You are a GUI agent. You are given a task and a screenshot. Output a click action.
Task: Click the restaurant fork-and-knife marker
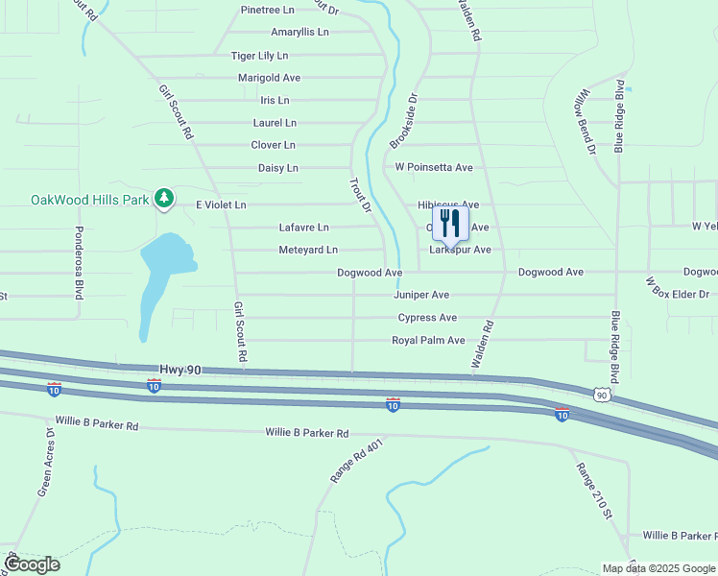point(449,224)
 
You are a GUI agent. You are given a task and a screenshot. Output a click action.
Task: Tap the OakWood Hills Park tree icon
point(164,198)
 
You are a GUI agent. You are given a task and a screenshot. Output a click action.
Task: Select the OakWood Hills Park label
point(90,200)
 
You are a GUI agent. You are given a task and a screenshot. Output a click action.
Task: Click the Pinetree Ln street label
point(268,10)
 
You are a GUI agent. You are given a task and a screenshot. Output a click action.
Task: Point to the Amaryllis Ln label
point(299,32)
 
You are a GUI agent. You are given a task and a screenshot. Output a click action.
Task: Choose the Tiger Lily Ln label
point(259,56)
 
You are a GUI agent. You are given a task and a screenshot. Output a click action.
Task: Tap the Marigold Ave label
point(269,78)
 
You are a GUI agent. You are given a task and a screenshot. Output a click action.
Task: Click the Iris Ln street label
point(275,100)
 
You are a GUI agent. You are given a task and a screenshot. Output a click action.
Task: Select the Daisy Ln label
point(278,168)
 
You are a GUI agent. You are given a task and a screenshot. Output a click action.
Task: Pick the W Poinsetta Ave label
point(434,167)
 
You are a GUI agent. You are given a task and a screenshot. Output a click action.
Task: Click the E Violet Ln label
point(221,204)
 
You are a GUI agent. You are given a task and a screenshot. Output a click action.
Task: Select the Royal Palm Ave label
point(428,341)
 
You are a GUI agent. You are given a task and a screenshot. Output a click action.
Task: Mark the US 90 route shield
point(601,395)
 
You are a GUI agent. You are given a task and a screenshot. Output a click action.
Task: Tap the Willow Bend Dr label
point(585,123)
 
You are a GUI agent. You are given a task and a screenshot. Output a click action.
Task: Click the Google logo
point(32,564)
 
